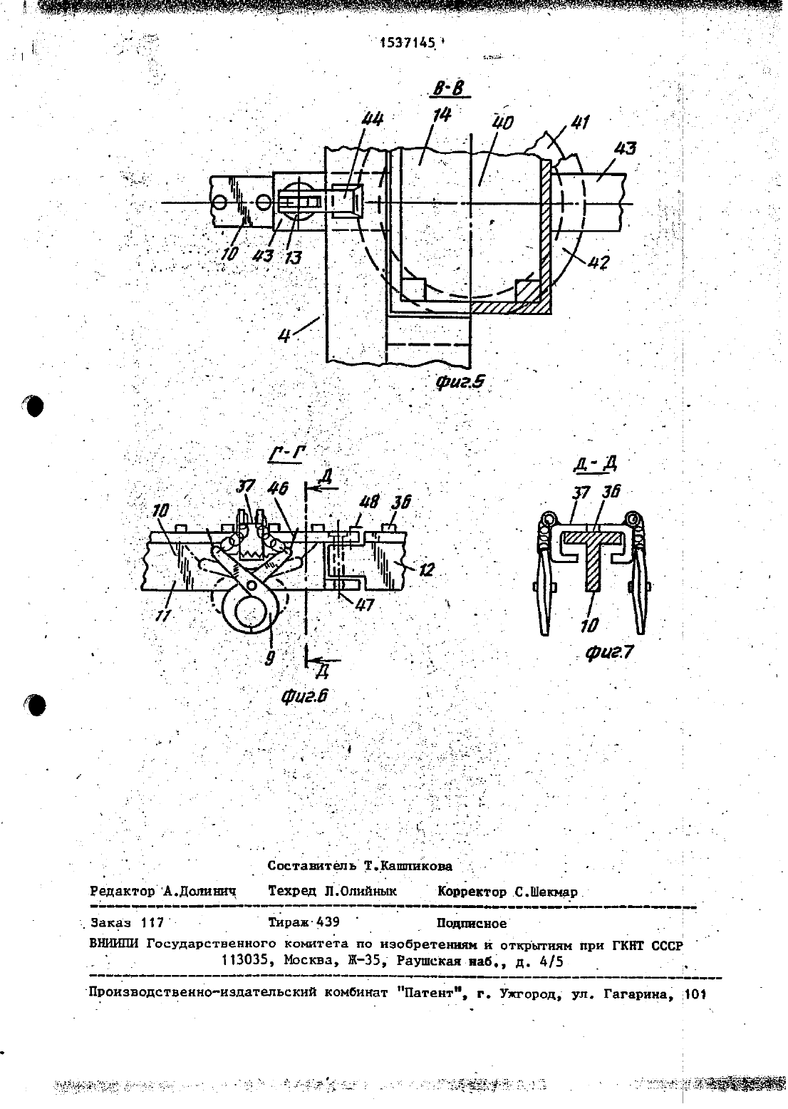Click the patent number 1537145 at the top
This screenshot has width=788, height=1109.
pyautogui.click(x=408, y=43)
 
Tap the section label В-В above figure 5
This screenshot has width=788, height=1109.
pyautogui.click(x=449, y=90)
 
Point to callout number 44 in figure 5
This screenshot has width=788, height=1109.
pyautogui.click(x=372, y=119)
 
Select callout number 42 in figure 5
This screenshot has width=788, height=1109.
pyautogui.click(x=598, y=262)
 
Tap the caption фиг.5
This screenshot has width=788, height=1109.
pyautogui.click(x=460, y=382)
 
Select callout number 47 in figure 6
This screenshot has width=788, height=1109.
pyautogui.click(x=364, y=604)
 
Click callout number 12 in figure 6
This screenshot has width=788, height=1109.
pyautogui.click(x=425, y=569)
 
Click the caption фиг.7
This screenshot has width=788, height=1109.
pyautogui.click(x=610, y=653)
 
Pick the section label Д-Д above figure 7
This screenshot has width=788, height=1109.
pyautogui.click(x=596, y=463)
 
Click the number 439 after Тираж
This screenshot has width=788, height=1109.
pyautogui.click(x=328, y=922)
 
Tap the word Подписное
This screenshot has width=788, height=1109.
pyautogui.click(x=471, y=924)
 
